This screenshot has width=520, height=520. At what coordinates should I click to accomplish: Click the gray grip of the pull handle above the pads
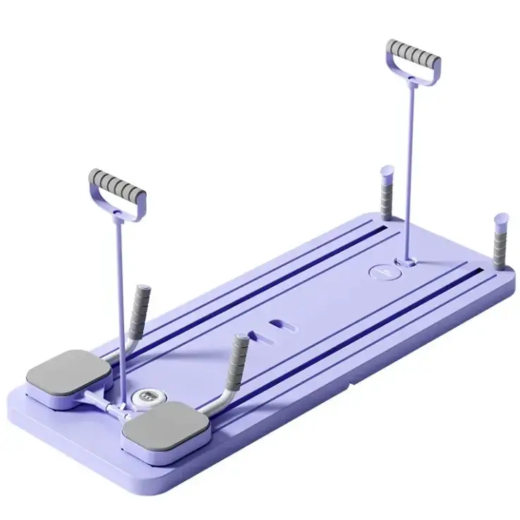point(118,185)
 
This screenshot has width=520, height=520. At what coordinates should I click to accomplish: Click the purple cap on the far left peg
point(387,172)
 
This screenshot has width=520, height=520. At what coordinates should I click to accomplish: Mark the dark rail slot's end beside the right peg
point(480,272)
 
